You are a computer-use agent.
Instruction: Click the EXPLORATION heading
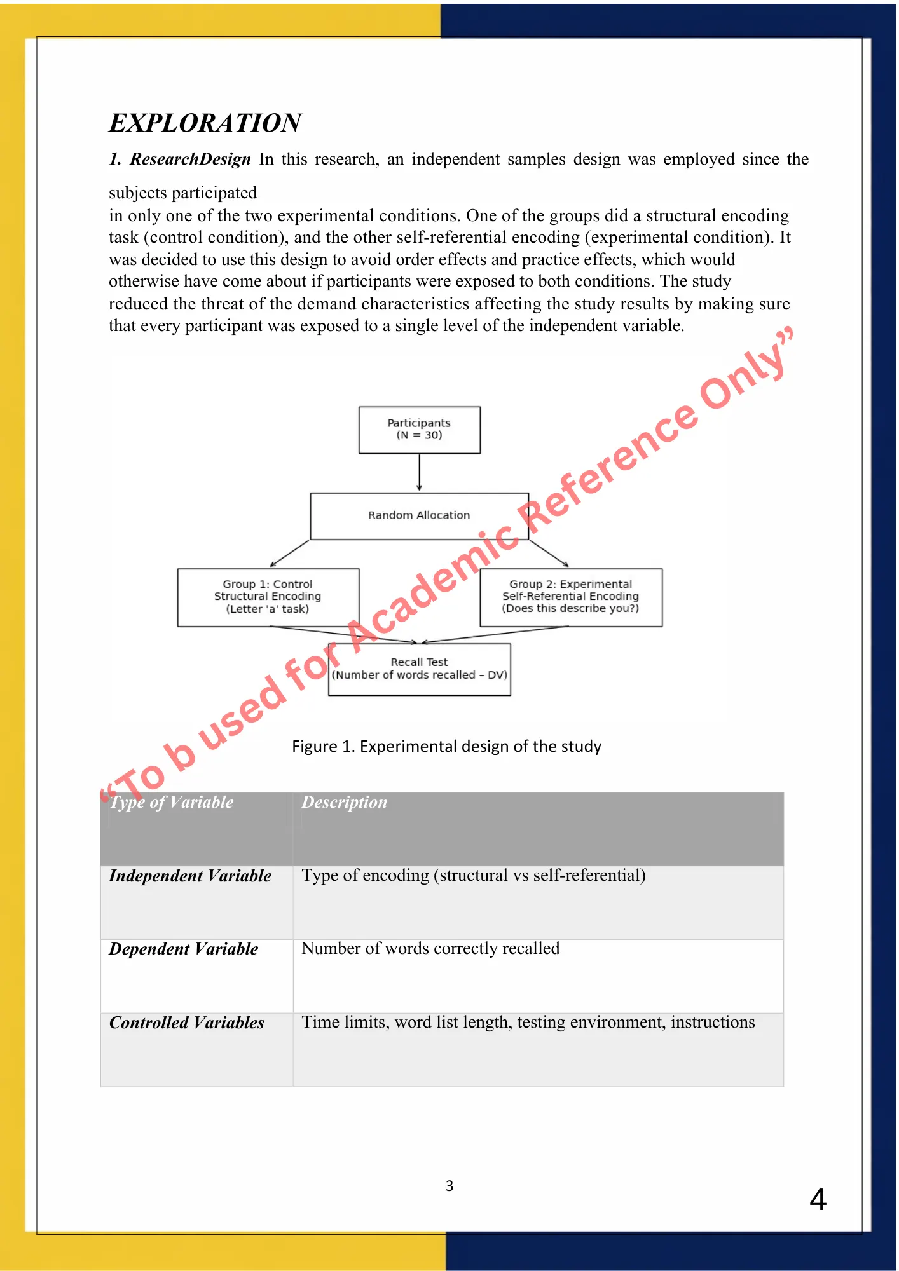[205, 123]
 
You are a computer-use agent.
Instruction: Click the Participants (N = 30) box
[419, 430]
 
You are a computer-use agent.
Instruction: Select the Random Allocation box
[419, 515]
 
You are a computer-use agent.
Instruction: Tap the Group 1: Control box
[268, 597]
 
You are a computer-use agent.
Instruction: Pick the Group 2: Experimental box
[570, 597]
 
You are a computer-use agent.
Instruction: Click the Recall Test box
[419, 669]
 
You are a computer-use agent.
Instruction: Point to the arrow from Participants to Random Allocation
[419, 472]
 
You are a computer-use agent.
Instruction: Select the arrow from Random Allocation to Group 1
[289, 554]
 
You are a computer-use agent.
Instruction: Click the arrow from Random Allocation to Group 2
[549, 554]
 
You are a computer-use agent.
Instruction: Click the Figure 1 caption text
[446, 746]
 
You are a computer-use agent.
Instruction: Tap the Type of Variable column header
[172, 803]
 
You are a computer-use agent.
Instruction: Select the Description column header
[344, 803]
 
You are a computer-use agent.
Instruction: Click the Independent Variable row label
[190, 876]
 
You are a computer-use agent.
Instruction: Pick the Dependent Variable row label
[184, 949]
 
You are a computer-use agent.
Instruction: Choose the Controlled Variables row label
[187, 1023]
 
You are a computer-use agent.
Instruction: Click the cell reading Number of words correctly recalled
[430, 949]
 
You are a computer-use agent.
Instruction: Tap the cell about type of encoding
[474, 876]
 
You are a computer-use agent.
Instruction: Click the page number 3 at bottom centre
[449, 1186]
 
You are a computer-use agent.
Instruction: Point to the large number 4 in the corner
[818, 1200]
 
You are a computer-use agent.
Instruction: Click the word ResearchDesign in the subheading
[190, 160]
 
